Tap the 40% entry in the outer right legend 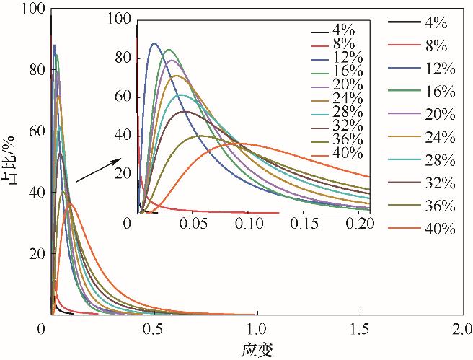pos(439,229)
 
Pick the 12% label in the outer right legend pos(439,69)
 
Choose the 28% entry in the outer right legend pos(439,160)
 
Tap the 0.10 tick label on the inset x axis pos(250,224)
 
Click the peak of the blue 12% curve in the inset pos(154,43)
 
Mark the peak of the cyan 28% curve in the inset pos(181,95)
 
